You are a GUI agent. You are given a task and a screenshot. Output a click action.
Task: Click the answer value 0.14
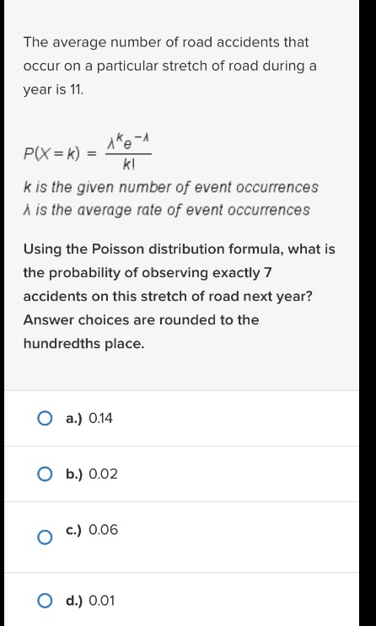tap(100, 418)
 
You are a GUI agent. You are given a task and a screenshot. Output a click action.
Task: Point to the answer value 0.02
tap(103, 474)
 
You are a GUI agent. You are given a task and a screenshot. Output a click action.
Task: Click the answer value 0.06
tap(103, 530)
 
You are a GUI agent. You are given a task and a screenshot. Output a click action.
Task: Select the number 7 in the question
tap(267, 273)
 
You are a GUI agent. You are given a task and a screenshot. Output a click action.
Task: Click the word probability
tap(83, 273)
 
